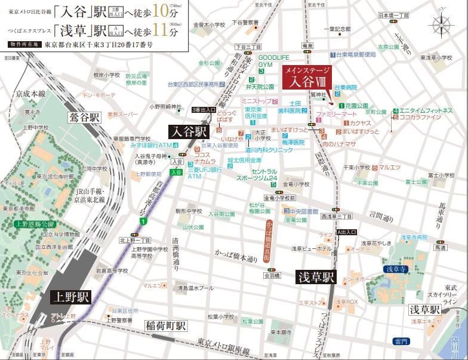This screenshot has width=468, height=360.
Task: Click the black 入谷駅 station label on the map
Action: click(x=189, y=131)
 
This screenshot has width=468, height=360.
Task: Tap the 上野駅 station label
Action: click(x=70, y=297)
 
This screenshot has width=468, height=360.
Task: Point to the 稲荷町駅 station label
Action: click(x=166, y=326)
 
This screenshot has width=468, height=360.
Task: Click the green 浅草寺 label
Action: click(x=395, y=269)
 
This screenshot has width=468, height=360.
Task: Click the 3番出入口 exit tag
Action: click(x=204, y=110)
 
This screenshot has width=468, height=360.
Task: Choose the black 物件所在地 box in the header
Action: click(x=24, y=45)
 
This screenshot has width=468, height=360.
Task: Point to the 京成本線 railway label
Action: click(x=31, y=94)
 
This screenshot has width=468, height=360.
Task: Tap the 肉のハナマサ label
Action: click(x=338, y=144)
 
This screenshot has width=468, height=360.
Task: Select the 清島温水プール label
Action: click(x=195, y=288)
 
